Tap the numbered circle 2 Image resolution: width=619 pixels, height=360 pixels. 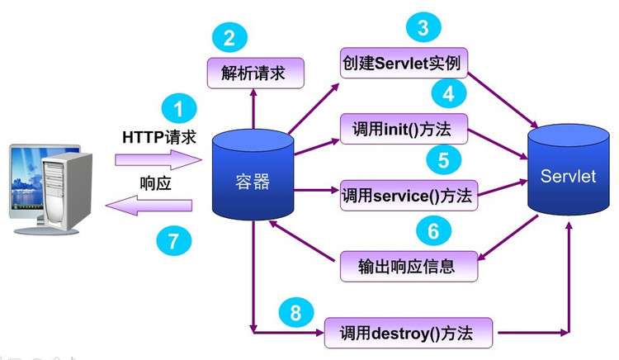[229, 38]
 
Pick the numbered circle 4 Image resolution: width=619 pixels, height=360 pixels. [448, 92]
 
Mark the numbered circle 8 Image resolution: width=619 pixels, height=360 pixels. [295, 313]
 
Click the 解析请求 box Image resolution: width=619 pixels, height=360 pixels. [253, 73]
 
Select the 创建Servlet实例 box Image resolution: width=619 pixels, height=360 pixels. [405, 64]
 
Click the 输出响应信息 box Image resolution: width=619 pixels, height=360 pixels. [409, 266]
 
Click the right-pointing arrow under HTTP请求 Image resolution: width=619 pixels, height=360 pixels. [158, 158]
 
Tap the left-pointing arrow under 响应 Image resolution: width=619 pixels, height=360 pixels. [157, 206]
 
